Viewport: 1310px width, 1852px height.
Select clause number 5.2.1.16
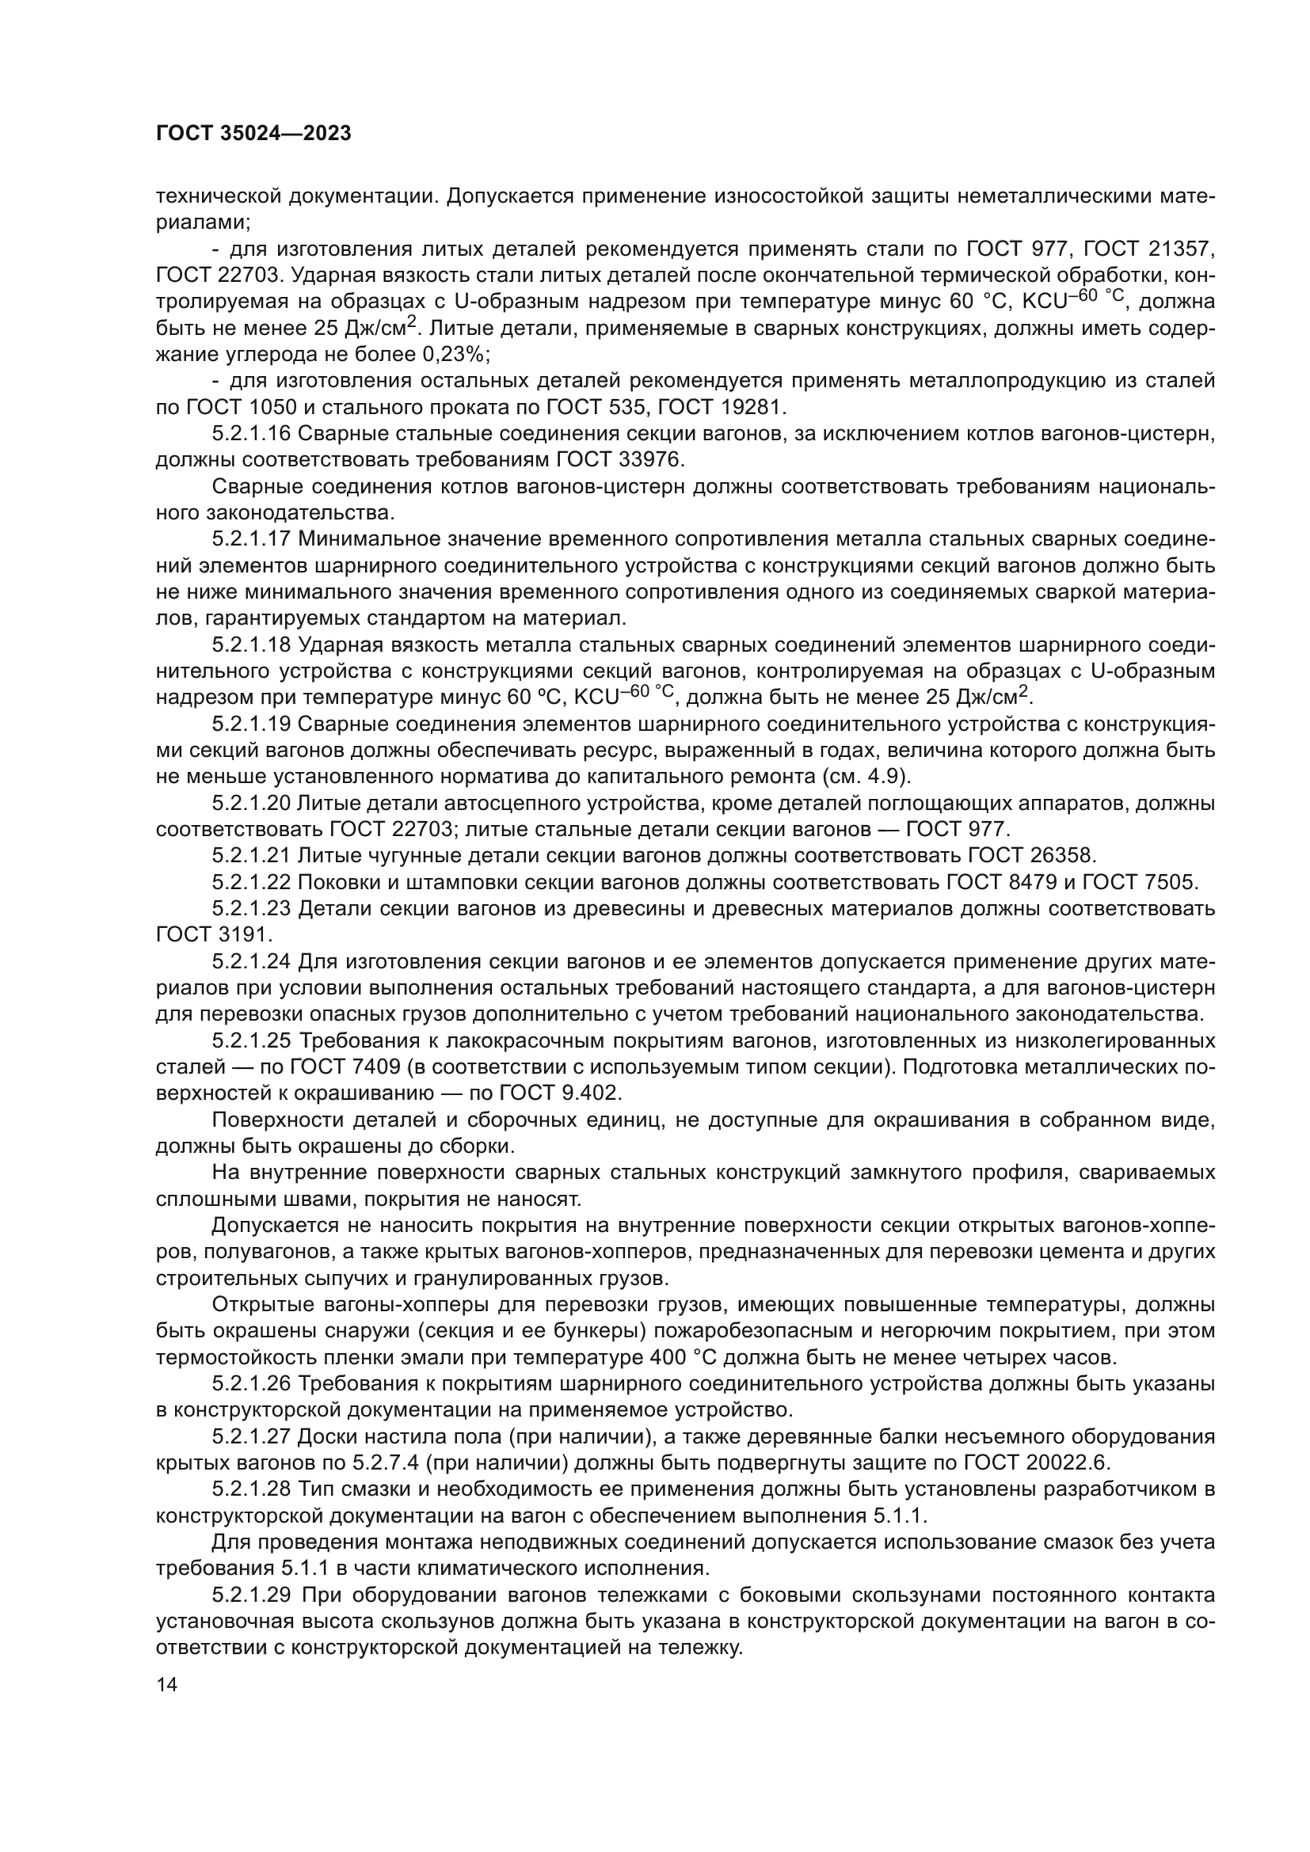(251, 434)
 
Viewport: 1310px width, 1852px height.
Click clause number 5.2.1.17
(251, 539)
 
